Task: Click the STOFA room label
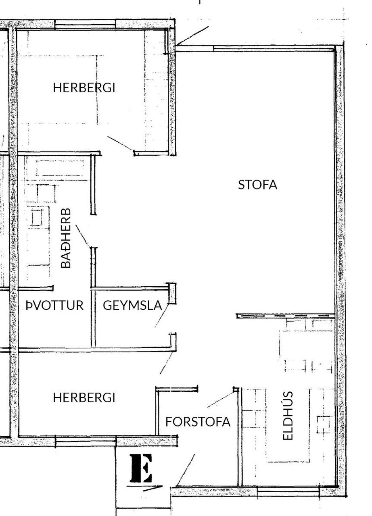pos(257,185)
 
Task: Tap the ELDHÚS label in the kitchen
pos(288,416)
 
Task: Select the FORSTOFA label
pos(198,422)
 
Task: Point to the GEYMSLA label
pos(132,306)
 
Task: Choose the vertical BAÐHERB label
pos(66,238)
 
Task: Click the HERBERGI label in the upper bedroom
pos(84,88)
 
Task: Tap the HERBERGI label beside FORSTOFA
pos(84,398)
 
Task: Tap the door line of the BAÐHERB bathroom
pos(83,235)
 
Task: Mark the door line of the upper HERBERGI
pos(120,144)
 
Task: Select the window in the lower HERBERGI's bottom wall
pos(86,442)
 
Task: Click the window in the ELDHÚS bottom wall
pos(288,490)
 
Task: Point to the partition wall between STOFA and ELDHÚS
pos(286,316)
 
